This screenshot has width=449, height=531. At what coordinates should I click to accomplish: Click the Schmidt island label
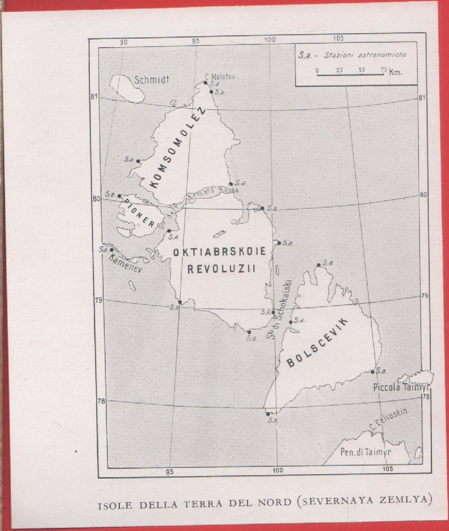click(x=152, y=80)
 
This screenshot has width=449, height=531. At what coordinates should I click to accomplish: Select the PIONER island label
click(x=137, y=215)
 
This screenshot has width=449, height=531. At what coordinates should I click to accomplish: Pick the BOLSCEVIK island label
click(x=318, y=343)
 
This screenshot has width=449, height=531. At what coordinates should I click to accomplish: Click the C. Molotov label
click(x=220, y=77)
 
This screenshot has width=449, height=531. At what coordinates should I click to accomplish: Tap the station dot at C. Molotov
click(x=205, y=82)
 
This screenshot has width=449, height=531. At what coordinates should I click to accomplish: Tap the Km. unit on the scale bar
click(x=396, y=71)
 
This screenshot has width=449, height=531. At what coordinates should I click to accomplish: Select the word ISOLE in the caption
click(x=113, y=503)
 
